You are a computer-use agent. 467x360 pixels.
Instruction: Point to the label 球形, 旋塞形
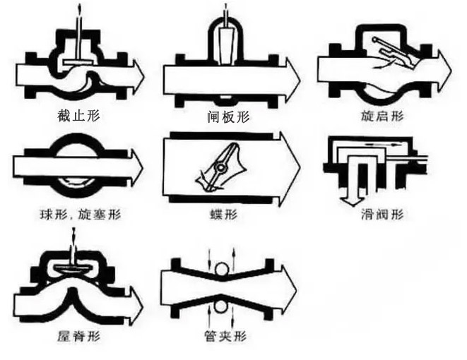click(x=75, y=212)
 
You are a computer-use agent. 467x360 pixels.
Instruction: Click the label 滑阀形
click(x=382, y=212)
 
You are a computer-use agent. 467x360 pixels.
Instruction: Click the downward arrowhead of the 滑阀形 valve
click(x=350, y=197)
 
